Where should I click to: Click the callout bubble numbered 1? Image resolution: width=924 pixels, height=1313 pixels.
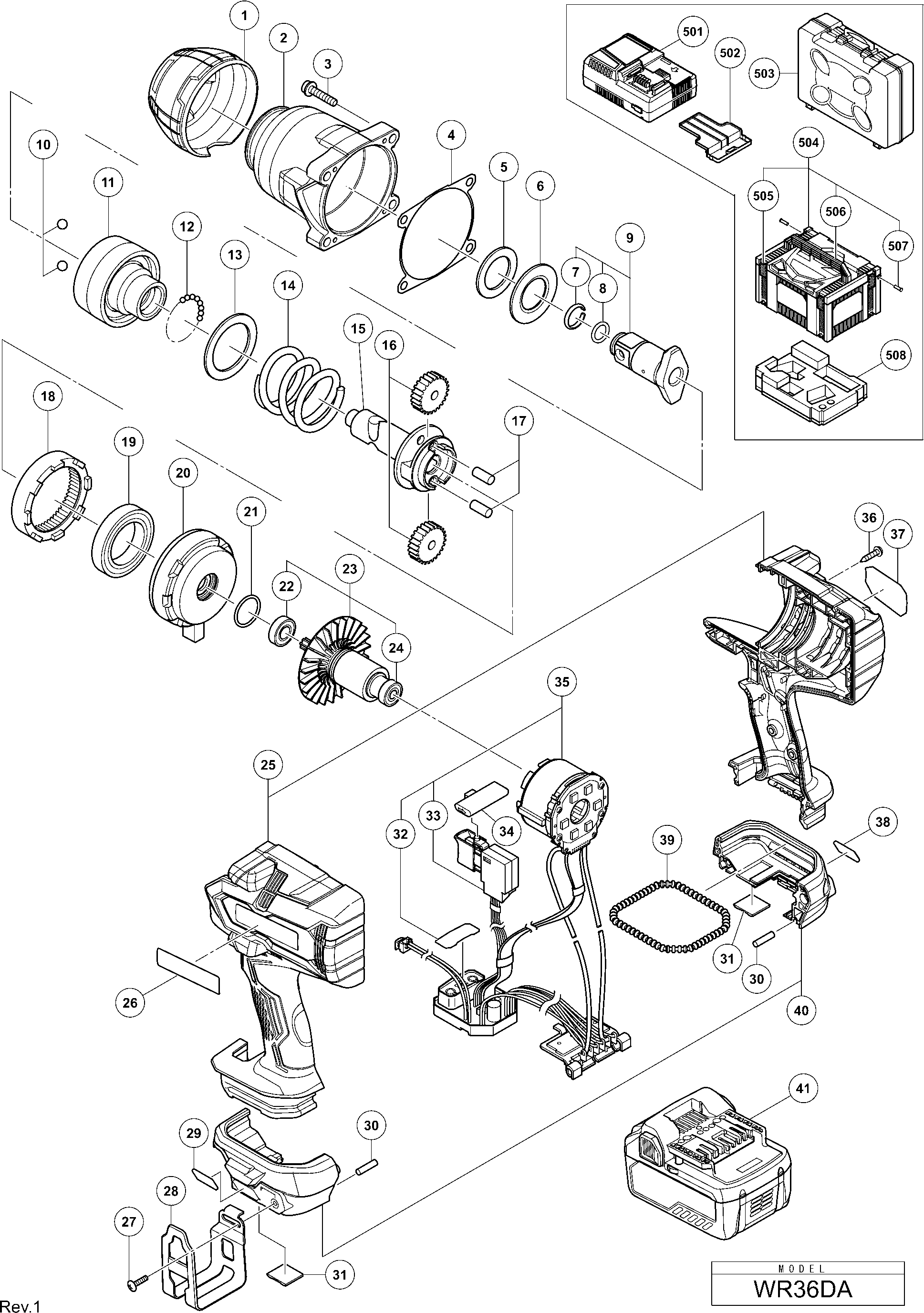point(245,17)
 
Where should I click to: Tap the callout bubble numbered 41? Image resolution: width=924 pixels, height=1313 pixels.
point(803,1088)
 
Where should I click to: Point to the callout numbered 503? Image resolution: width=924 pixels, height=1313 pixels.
point(764,73)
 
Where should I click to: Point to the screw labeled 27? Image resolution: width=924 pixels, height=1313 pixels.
point(138,1272)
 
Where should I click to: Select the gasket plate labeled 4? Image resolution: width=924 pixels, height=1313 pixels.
point(437,231)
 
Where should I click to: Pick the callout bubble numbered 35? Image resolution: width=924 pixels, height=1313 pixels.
point(561,682)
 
